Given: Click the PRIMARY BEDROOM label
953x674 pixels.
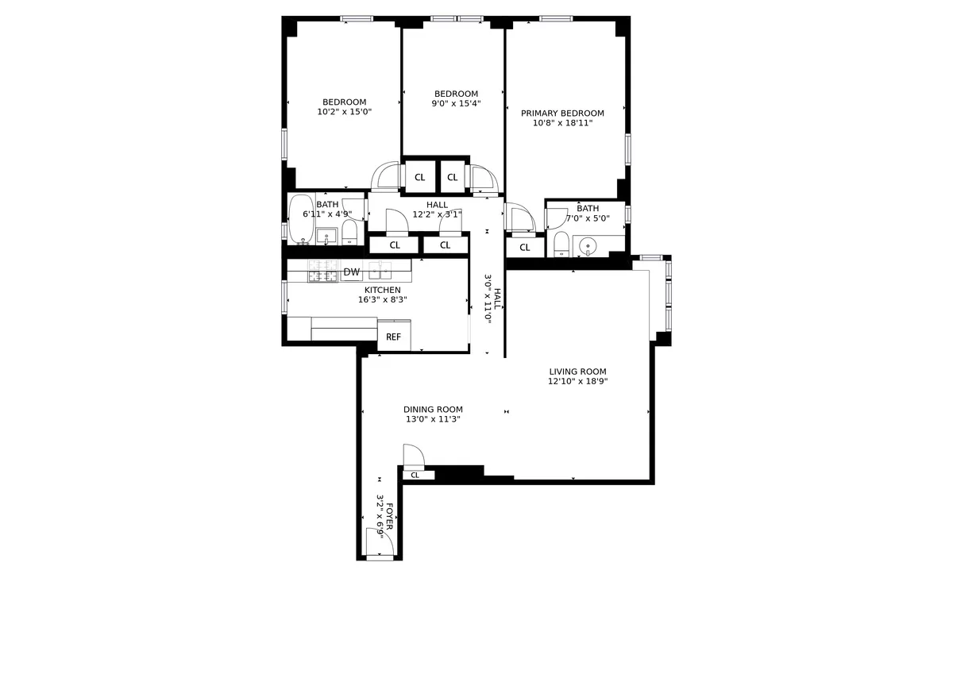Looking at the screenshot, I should tap(562, 114).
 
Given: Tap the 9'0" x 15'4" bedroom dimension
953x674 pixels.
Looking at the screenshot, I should tap(456, 103).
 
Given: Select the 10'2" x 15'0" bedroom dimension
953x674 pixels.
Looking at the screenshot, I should tap(344, 112).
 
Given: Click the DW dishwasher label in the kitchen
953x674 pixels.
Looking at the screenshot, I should tap(351, 272).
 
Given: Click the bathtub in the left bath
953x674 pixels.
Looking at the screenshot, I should tap(301, 219).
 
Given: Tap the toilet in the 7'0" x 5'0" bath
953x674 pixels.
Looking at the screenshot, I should tap(561, 243).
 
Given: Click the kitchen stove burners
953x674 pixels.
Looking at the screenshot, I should tap(322, 272).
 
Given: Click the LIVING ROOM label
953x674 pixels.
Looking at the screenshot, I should tap(577, 372).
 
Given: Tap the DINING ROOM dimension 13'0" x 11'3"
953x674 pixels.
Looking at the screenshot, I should tap(433, 419).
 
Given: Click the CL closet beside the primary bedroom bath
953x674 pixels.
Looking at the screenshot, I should tap(525, 248).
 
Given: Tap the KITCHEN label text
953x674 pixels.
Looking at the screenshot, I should tap(382, 290).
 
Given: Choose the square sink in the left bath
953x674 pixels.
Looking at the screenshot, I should tap(326, 236).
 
